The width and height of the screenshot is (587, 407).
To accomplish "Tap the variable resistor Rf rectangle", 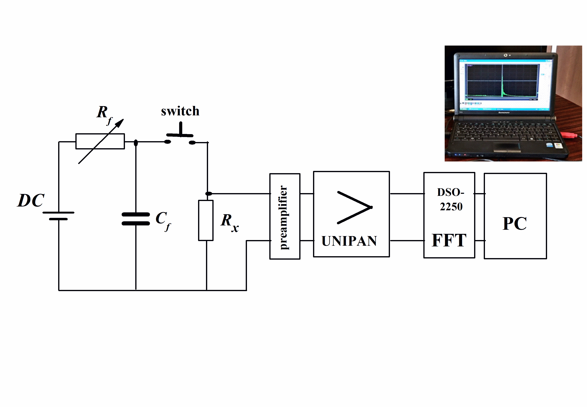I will [100, 141].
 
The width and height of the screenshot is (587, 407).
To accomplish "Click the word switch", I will [180, 111].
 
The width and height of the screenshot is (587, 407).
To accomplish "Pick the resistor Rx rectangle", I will [206, 220].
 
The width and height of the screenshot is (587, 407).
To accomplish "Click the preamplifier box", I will [285, 216].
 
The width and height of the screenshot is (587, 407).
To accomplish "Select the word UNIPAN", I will [349, 241].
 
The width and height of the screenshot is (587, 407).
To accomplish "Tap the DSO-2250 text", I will [451, 199].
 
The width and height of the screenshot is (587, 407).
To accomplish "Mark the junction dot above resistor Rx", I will [209, 194].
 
